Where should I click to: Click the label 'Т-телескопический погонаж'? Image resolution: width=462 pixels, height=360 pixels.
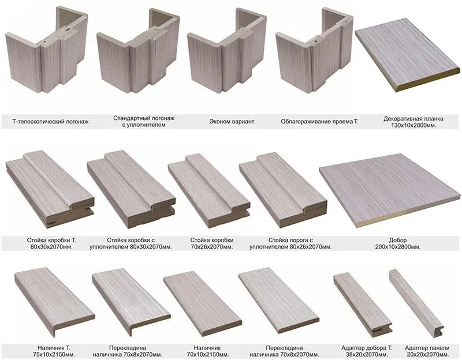(50, 121)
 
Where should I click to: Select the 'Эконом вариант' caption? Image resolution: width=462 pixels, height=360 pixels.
(232, 121)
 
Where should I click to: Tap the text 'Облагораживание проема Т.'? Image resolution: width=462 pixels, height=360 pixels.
(319, 121)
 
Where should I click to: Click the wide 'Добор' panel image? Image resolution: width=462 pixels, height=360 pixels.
(389, 190)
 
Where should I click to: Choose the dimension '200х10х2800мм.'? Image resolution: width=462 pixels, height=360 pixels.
(398, 247)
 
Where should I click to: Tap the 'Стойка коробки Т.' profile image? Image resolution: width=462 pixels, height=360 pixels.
(50, 189)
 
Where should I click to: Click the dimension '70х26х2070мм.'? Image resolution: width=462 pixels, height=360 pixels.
(211, 247)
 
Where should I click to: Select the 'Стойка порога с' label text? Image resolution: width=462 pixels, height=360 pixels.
(290, 240)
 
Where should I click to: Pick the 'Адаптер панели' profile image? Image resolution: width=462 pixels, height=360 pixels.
(416, 303)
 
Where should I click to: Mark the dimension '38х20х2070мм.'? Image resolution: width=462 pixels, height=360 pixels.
(367, 354)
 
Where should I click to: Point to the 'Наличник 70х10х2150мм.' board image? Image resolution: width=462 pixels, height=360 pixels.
(203, 304)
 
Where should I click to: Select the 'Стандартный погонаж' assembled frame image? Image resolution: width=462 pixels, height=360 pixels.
(139, 51)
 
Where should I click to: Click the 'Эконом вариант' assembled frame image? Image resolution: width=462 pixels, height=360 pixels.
(227, 51)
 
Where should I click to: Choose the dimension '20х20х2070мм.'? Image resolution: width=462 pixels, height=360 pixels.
(427, 354)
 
